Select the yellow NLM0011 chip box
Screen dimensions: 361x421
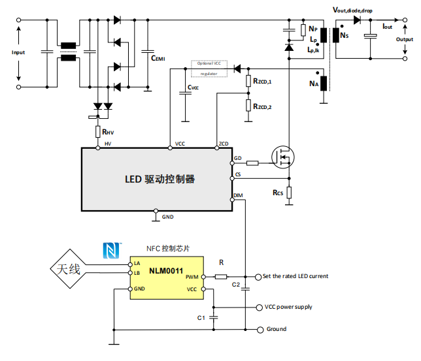[x=166, y=279]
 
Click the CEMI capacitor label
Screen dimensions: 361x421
[x=158, y=58]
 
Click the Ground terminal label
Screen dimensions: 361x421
[x=276, y=329]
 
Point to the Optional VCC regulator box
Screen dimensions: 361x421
[x=209, y=69]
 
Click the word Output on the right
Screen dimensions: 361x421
[x=404, y=39]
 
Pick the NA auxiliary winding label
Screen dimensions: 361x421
[x=314, y=84]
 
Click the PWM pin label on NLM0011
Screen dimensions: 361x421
[x=191, y=277]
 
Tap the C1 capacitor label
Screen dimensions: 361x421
[x=201, y=317]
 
